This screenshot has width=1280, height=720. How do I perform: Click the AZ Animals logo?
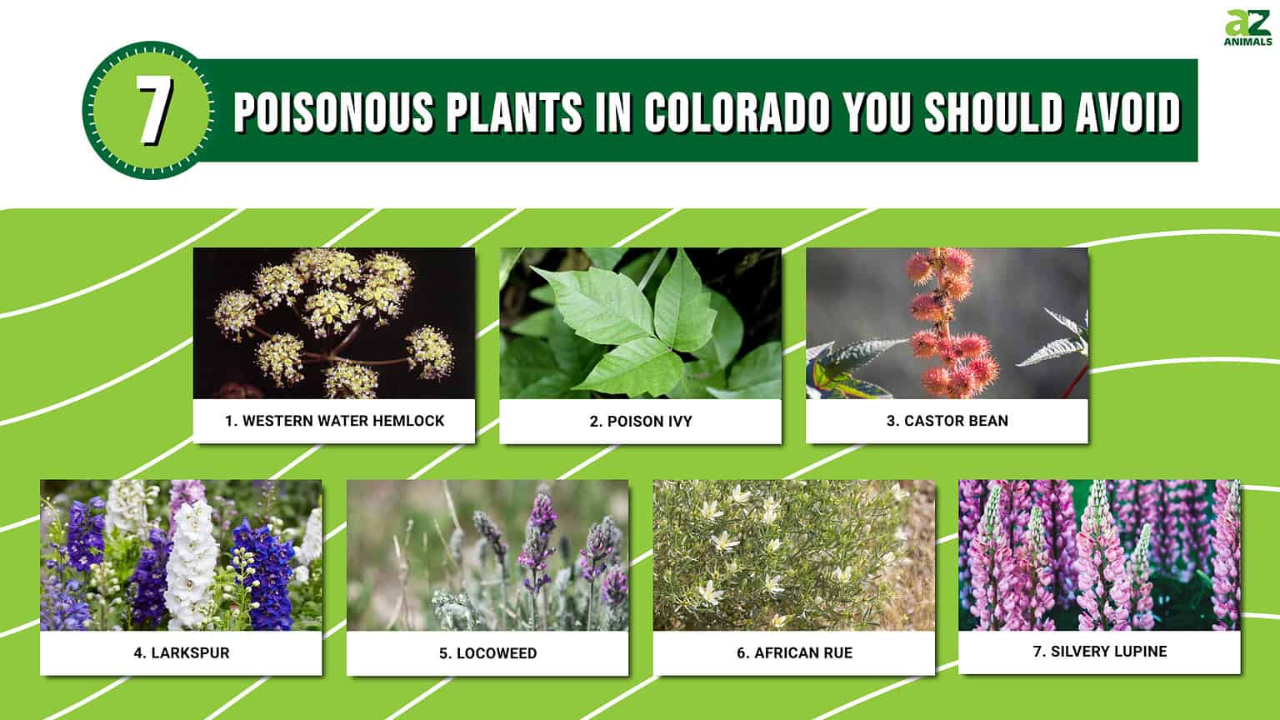pos(1247,29)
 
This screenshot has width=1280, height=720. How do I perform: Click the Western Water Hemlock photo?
pos(333,323)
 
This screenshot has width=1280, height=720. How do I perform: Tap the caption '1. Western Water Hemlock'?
pos(334,421)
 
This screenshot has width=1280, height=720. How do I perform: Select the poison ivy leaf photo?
pos(640,323)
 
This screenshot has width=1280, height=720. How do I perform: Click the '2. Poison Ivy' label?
pos(640,422)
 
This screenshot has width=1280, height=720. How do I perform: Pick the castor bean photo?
pos(947,323)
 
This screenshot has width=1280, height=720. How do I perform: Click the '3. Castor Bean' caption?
pos(947,421)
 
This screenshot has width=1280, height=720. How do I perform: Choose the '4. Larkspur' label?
pos(181,653)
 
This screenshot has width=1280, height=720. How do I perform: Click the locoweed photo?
pos(487,555)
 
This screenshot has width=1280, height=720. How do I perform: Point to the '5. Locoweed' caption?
pos(487,653)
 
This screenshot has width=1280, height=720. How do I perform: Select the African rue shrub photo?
pos(793,555)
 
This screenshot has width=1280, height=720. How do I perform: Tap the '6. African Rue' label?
pos(794,653)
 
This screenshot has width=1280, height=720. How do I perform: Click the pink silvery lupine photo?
pos(1099,555)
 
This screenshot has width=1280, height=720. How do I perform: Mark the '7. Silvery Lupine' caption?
pos(1099,652)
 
